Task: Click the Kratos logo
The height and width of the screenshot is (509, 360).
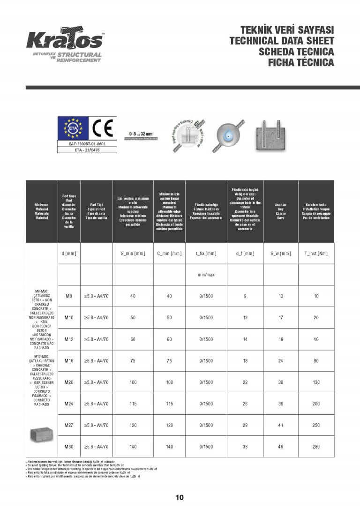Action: coord(64,41)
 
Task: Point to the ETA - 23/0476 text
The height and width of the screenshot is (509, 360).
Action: coord(87,150)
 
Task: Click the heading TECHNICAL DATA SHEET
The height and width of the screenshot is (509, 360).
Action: coord(282,41)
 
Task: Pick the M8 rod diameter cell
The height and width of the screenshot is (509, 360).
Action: coord(69,296)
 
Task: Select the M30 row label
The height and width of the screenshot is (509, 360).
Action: coord(69,447)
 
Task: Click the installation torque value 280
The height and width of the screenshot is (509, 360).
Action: coord(316,447)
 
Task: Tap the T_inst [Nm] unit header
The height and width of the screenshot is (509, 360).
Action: coord(316,254)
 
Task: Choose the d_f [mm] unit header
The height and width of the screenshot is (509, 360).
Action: coord(245,254)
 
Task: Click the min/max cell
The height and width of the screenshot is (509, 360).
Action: coord(206,275)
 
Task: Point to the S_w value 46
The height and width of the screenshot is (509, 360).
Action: coord(280,447)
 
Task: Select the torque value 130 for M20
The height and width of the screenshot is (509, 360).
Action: coord(316,382)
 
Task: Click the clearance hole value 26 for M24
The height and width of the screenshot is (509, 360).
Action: coord(245,404)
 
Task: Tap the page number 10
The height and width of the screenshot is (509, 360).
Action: coord(180,497)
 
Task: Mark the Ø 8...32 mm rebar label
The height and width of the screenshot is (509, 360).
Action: coord(141,134)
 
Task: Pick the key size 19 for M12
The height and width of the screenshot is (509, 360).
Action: coord(280,339)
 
